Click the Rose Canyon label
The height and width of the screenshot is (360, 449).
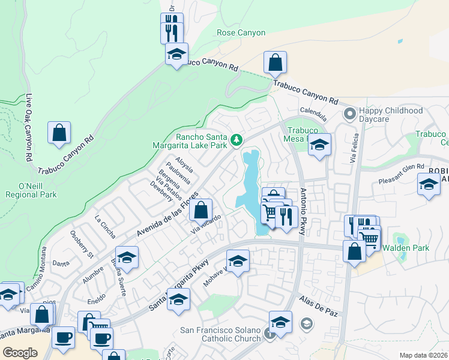241,32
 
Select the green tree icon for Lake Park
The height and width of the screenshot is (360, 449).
237,140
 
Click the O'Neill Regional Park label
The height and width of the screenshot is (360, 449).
31,189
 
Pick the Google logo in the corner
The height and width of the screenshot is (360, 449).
20,352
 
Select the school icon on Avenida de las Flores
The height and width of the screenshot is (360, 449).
127,257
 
